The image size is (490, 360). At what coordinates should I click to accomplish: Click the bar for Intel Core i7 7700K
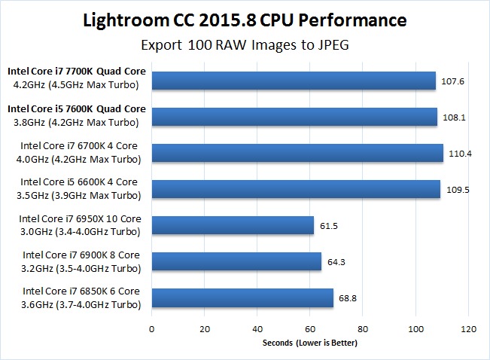click(294, 81)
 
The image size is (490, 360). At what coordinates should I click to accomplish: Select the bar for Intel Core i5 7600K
click(294, 117)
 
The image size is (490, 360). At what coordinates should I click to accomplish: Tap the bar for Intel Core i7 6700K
click(297, 153)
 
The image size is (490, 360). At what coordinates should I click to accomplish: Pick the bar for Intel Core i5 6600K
click(296, 189)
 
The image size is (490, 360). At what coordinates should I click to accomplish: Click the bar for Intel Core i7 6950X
click(233, 225)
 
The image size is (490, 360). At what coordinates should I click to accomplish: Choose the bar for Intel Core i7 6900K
click(236, 261)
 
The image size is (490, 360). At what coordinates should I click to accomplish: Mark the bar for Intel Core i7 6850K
click(242, 297)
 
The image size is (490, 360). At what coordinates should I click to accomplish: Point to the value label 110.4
click(459, 154)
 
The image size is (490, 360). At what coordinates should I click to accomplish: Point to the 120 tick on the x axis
click(470, 328)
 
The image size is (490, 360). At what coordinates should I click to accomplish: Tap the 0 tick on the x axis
click(152, 328)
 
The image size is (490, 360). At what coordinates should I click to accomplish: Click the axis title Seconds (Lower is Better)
click(309, 343)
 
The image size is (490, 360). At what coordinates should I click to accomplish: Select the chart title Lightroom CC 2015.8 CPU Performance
click(245, 19)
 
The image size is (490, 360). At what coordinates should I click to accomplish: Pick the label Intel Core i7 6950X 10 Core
click(81, 218)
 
